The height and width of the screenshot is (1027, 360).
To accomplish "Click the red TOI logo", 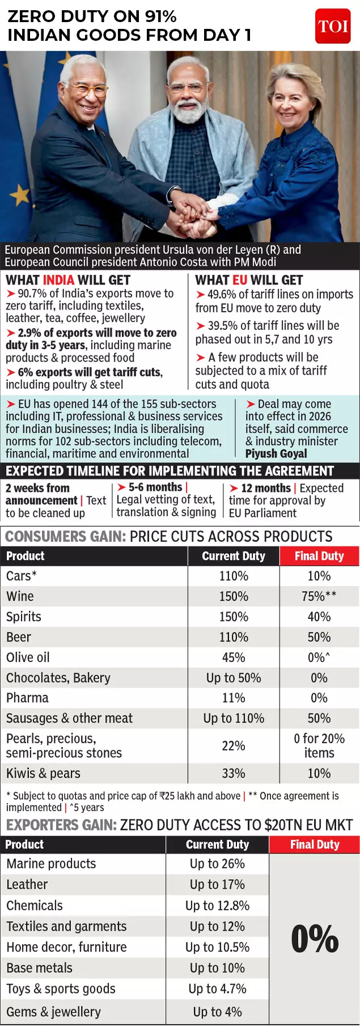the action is (333, 26).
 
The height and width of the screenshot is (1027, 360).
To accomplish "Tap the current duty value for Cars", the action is (234, 576).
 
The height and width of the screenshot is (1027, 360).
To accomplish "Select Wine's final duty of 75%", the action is (319, 596).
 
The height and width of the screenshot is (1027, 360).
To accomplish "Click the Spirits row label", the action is (24, 617).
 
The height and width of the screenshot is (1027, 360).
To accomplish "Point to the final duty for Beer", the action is (319, 637).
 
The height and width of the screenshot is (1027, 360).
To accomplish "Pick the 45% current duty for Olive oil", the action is (234, 657).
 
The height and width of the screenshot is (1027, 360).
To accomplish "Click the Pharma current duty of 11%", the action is (234, 698).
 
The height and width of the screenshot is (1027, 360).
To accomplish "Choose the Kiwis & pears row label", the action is (43, 773).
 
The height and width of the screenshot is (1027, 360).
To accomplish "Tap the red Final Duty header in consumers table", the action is (319, 556).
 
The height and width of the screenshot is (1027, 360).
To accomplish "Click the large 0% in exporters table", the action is (315, 939).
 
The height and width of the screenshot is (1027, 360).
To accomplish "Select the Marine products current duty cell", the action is (218, 864).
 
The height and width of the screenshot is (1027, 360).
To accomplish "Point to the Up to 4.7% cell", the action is (218, 989).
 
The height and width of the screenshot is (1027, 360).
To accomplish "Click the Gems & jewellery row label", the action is (53, 1012).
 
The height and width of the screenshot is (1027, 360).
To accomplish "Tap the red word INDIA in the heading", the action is (58, 280).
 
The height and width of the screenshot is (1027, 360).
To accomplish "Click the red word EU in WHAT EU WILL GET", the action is (240, 280).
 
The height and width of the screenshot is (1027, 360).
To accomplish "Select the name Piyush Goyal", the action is (276, 453).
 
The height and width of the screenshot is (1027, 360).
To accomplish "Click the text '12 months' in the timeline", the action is (266, 488).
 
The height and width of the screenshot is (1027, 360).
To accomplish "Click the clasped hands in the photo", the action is (196, 215).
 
